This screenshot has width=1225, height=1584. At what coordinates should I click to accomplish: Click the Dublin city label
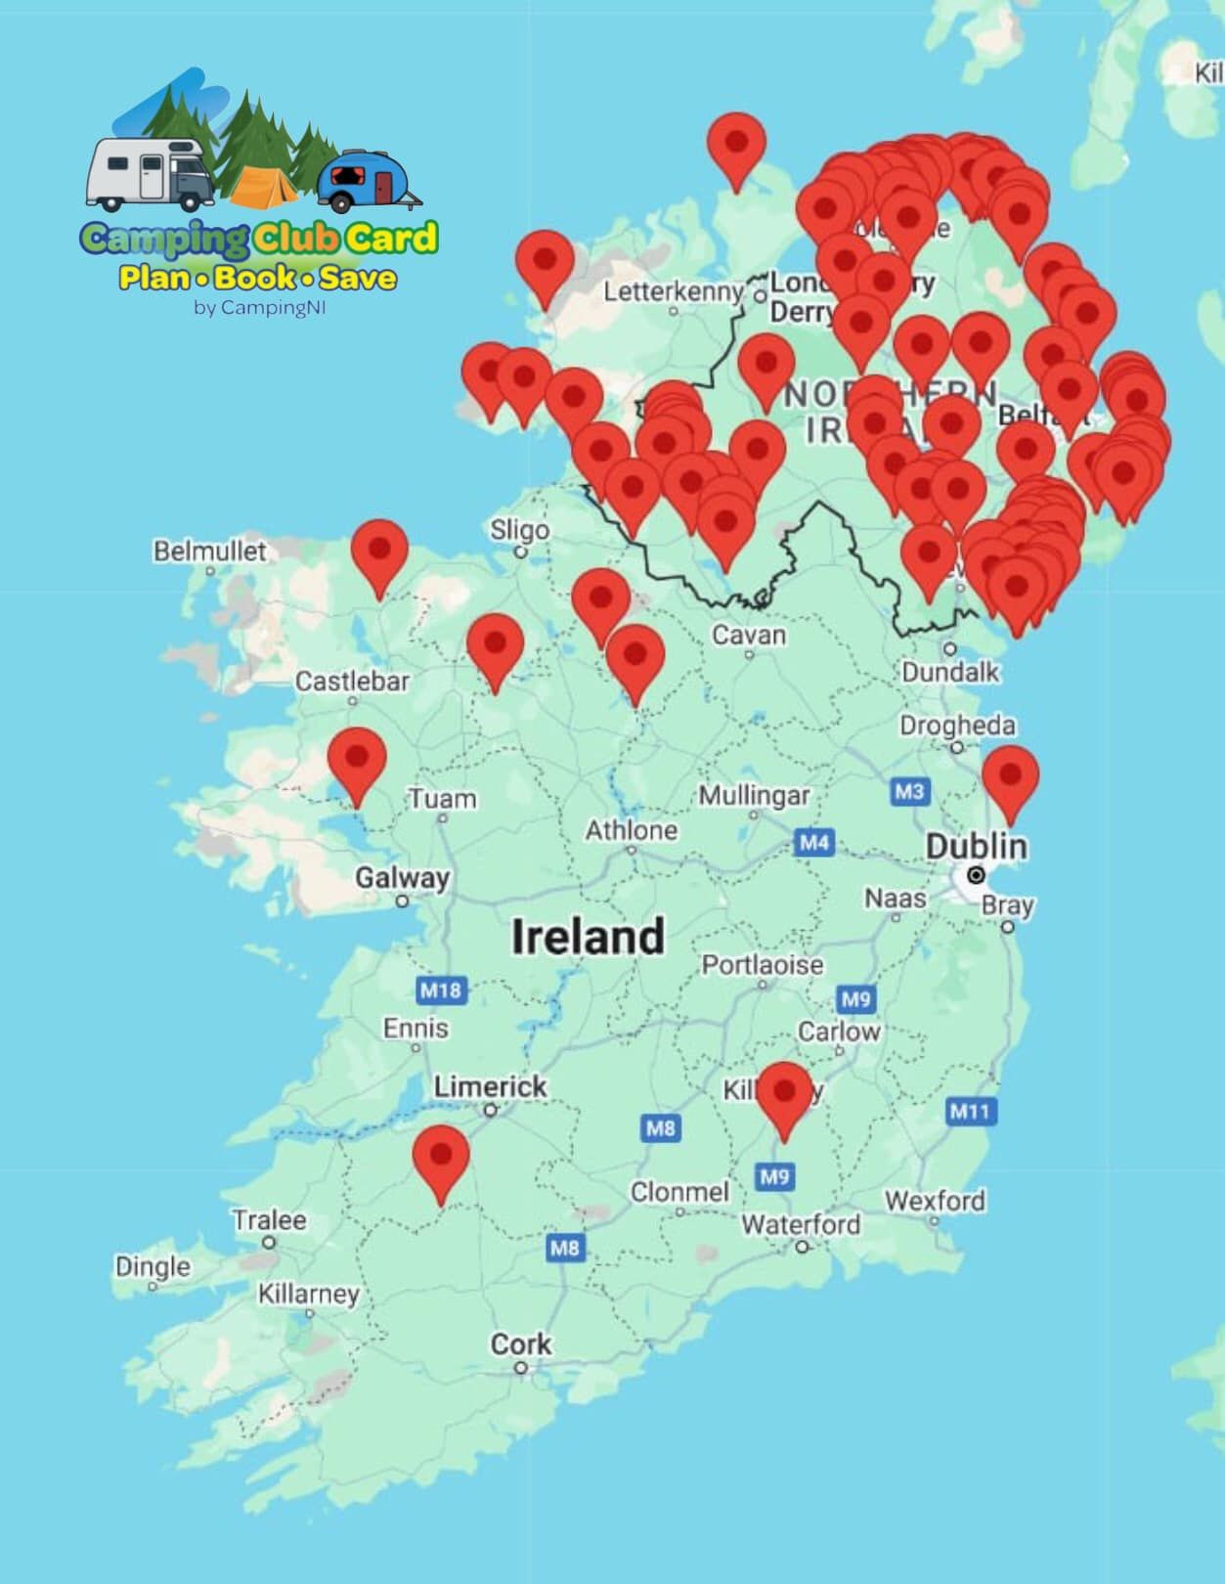point(976,846)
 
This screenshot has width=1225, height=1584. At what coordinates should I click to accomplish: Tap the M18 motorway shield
point(440,990)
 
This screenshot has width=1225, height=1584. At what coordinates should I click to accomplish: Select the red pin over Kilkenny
point(784,1095)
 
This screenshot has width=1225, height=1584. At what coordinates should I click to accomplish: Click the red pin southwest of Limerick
point(441,1159)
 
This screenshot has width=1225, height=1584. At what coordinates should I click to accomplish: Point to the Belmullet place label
point(209,550)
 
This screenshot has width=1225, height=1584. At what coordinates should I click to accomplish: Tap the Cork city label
point(520,1344)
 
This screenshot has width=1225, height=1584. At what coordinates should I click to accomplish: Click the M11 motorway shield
point(970,1111)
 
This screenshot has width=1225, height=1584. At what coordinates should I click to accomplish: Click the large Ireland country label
point(588,936)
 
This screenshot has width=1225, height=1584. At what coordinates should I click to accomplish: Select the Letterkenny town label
point(673,291)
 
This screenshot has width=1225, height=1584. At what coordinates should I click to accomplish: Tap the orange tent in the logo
point(263,186)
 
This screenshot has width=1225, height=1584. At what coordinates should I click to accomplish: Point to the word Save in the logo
point(358,278)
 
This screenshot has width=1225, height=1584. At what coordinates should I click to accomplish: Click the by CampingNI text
point(259,307)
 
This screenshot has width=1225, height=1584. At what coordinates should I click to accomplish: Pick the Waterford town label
point(801,1224)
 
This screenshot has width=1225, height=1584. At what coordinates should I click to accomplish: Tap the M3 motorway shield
point(909,791)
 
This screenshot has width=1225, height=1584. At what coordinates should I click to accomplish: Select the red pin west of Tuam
point(357,761)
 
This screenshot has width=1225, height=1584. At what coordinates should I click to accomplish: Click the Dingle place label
point(153,1266)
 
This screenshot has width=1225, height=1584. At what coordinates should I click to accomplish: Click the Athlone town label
point(631,830)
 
